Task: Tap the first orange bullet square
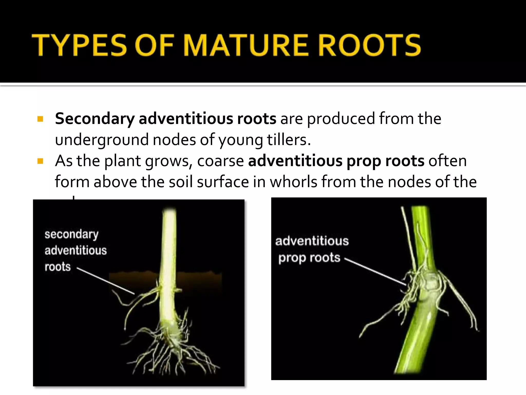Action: [x=40, y=119]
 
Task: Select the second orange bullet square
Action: [x=40, y=161]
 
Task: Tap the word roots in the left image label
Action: [x=58, y=267]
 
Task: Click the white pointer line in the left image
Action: [x=106, y=281]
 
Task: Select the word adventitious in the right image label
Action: [x=312, y=241]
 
